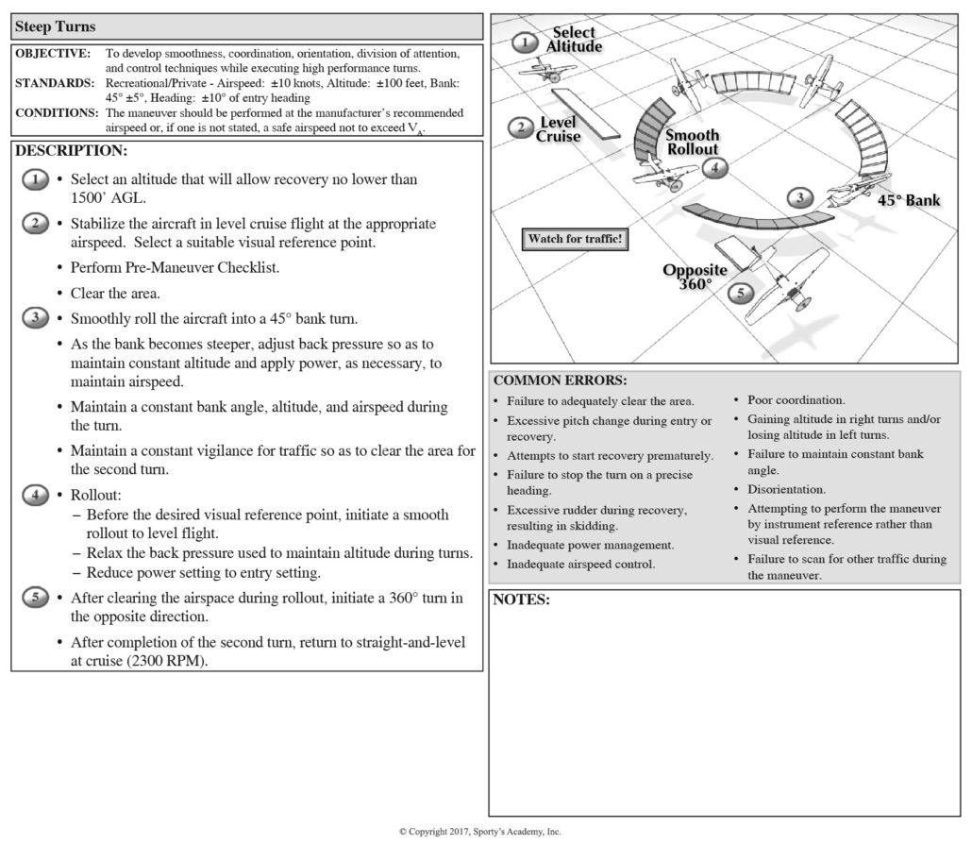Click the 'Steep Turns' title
coord(56,26)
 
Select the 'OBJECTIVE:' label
coord(53,54)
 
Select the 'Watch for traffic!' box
coord(575,239)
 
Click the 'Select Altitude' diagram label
coord(573,40)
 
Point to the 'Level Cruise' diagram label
coord(559,129)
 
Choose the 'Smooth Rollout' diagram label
coord(692,142)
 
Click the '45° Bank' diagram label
coord(910,200)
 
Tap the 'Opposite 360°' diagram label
coord(695,277)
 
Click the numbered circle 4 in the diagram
coord(715,168)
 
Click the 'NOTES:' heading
coord(521,600)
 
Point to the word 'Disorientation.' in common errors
coord(786,490)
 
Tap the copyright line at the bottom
coord(479,832)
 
